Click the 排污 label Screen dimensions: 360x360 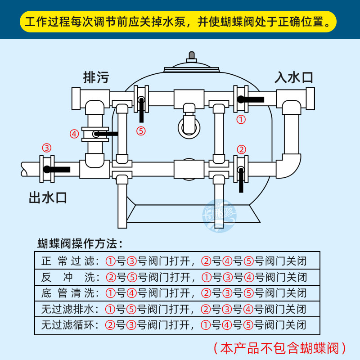[96, 77]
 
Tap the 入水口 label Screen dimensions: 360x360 [294, 77]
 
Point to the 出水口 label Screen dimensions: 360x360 [48, 197]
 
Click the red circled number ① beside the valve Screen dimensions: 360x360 [241, 119]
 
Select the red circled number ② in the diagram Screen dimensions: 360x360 [241, 149]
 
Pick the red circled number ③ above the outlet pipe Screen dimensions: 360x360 [47, 148]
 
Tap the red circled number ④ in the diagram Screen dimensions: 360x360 [74, 134]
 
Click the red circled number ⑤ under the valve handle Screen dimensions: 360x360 [141, 131]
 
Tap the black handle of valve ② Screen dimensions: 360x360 [241, 180]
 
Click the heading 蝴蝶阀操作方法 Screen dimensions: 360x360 [80, 244]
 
